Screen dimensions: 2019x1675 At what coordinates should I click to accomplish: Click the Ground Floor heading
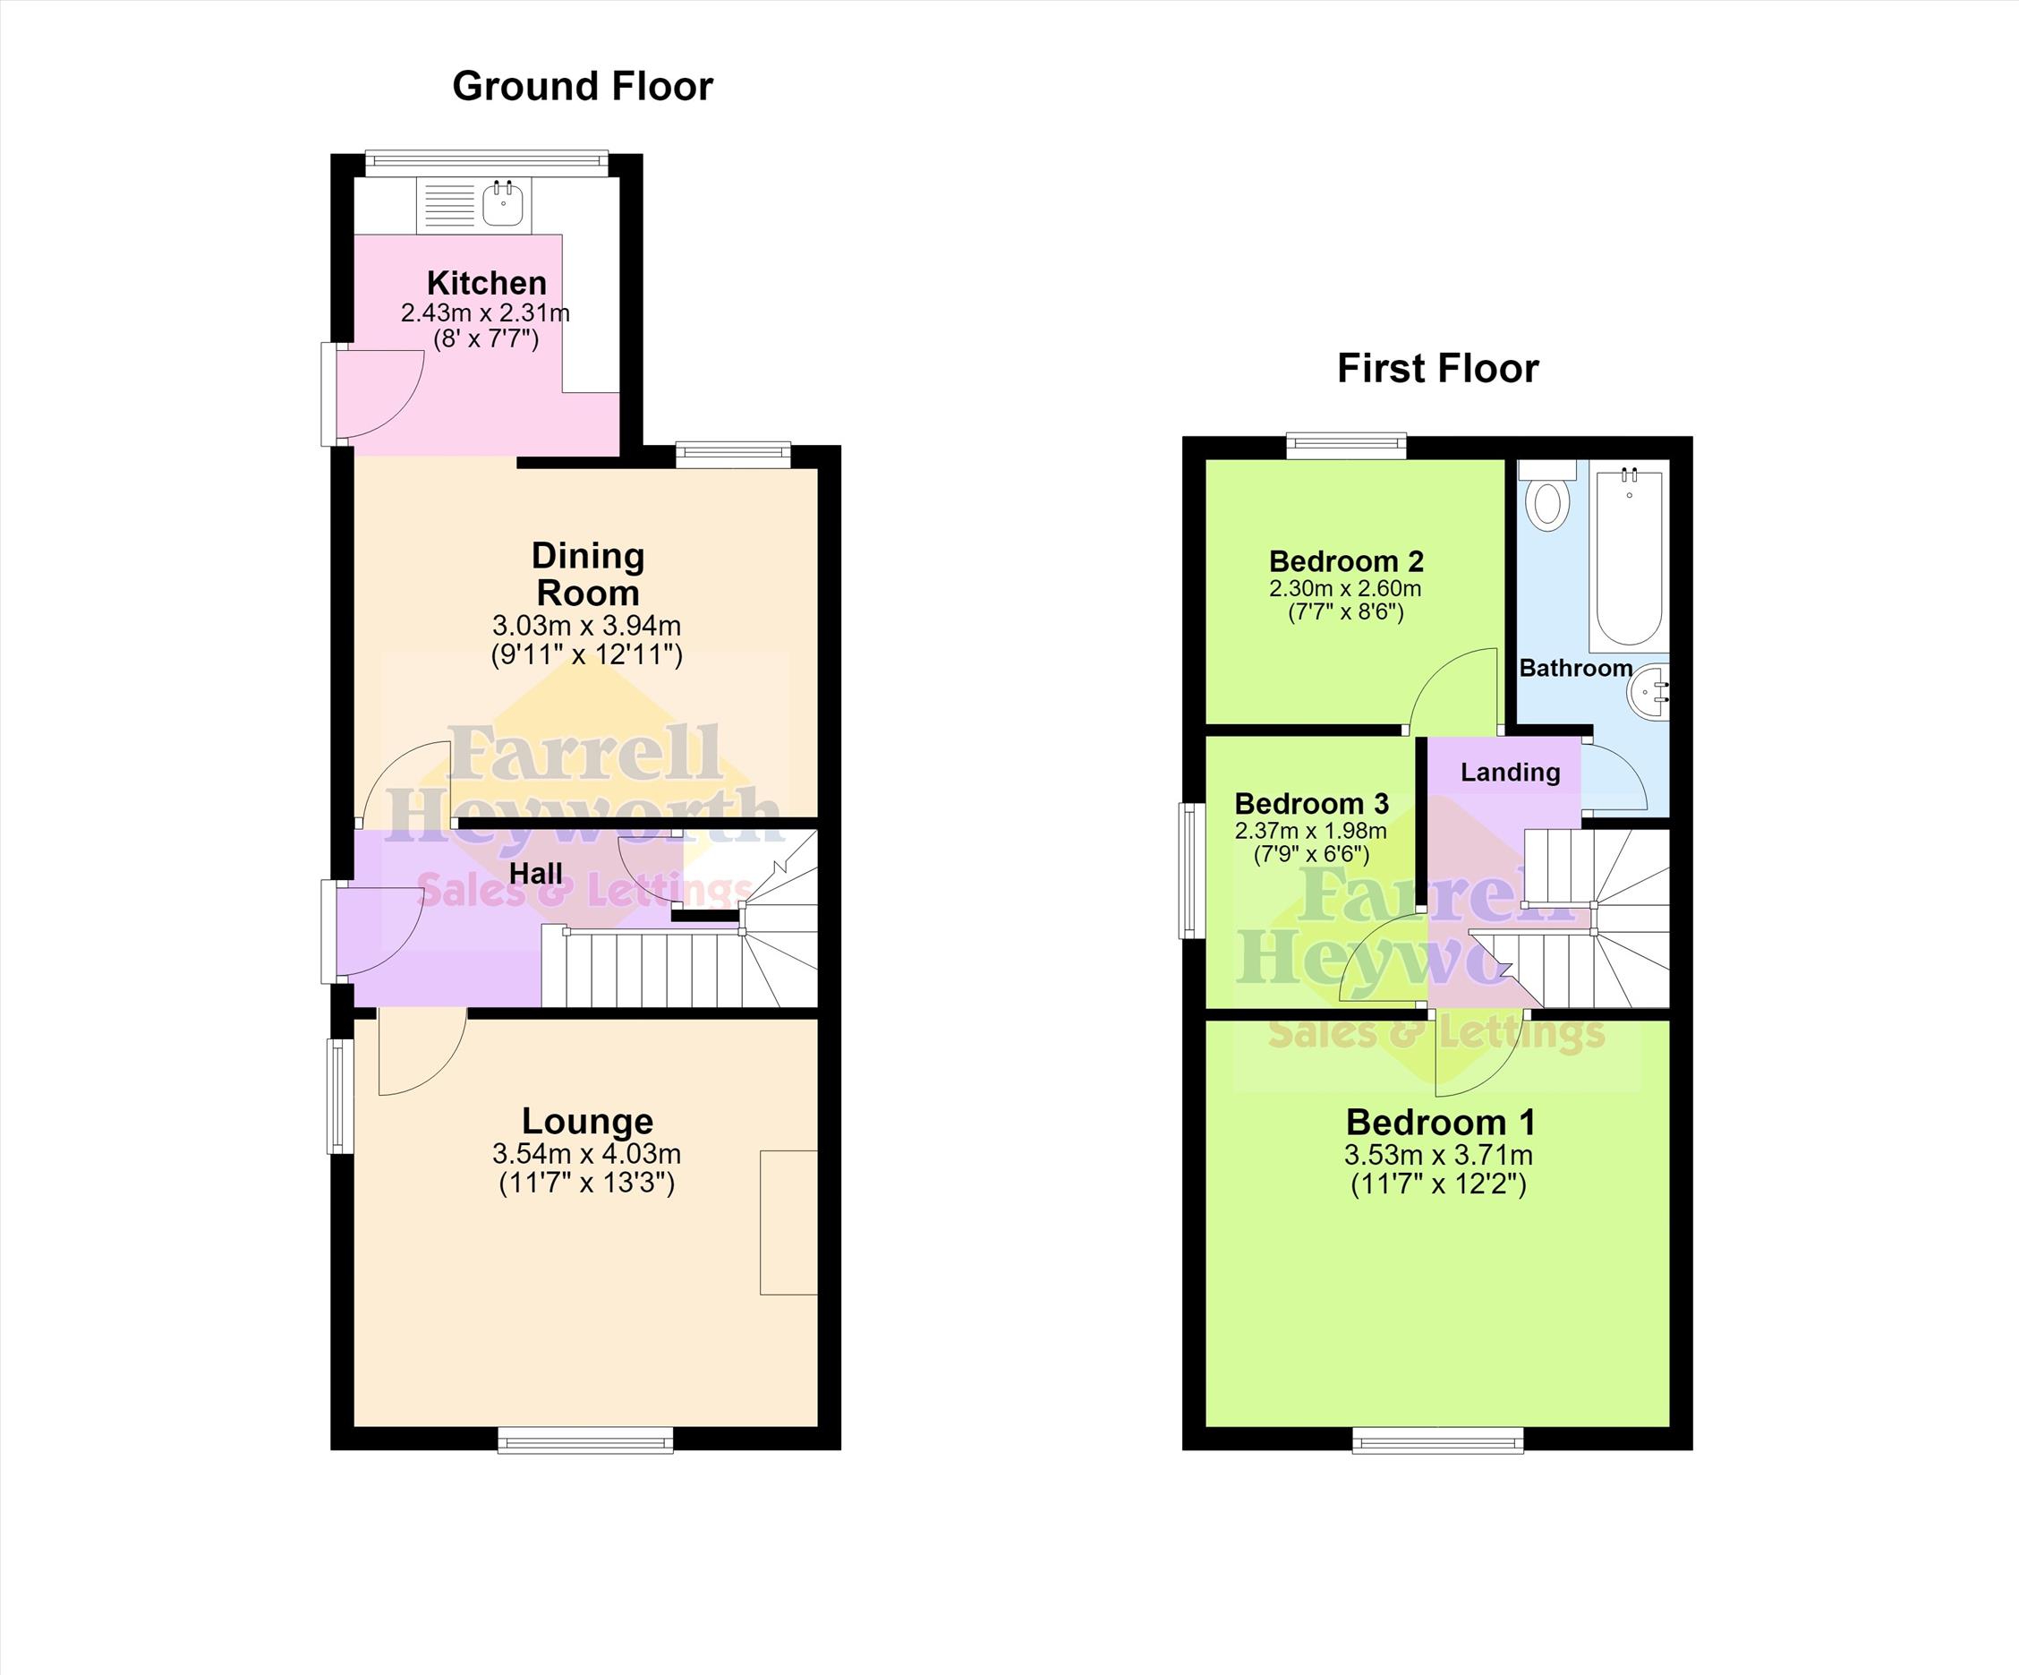[x=583, y=87]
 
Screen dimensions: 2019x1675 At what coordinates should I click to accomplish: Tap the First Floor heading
[x=1437, y=368]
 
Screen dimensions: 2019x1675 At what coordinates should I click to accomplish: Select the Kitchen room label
[x=487, y=283]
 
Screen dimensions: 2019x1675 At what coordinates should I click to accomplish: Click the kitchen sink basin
[x=502, y=203]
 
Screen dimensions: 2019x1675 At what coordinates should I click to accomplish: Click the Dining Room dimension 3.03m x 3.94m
[x=586, y=625]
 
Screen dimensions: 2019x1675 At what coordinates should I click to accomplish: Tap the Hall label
[x=535, y=873]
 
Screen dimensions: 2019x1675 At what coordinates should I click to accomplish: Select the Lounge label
[x=587, y=1120]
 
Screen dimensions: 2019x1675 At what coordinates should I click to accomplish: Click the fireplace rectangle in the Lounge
[x=788, y=1222]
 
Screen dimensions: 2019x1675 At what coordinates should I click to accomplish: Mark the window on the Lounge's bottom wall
[x=585, y=1439]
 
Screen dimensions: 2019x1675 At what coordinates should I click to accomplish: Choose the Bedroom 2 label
[x=1345, y=560]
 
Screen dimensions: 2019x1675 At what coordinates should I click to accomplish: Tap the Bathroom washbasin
[x=1649, y=690]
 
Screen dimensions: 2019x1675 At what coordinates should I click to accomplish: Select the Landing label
[x=1511, y=772]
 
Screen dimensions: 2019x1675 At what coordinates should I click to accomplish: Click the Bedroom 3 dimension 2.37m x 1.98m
[x=1310, y=830]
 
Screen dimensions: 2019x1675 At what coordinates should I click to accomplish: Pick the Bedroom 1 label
[x=1440, y=1122]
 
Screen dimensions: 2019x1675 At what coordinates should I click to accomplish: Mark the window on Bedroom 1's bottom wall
[x=1438, y=1439]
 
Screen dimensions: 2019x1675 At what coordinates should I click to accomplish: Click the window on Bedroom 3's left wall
[x=1192, y=871]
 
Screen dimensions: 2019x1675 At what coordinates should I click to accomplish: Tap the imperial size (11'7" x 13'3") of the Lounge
[x=586, y=1183]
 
